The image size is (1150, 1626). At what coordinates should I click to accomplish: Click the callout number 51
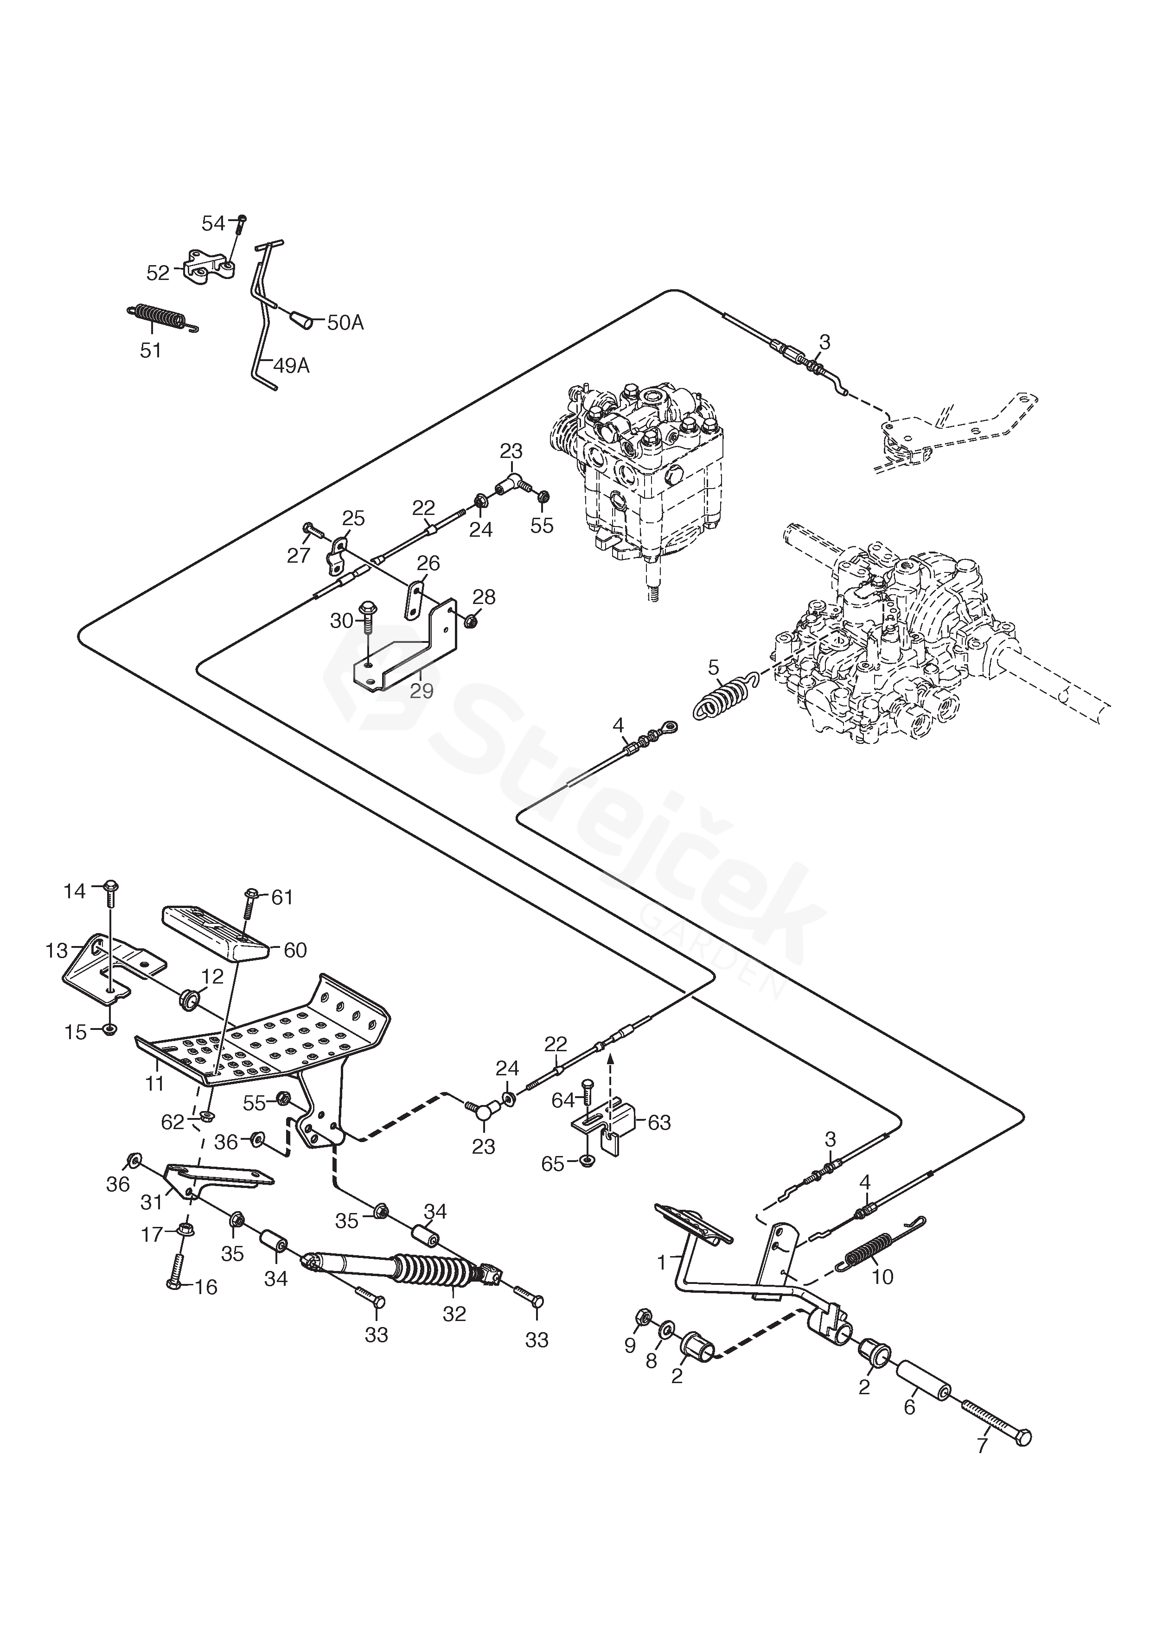tap(150, 350)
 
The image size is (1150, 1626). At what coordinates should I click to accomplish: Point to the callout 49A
tap(291, 366)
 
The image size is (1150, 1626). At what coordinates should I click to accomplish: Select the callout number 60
tap(295, 950)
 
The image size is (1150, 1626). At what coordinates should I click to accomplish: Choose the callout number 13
tap(57, 950)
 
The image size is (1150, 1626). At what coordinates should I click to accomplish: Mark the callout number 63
tap(659, 1123)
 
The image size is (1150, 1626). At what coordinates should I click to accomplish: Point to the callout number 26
tap(428, 563)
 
